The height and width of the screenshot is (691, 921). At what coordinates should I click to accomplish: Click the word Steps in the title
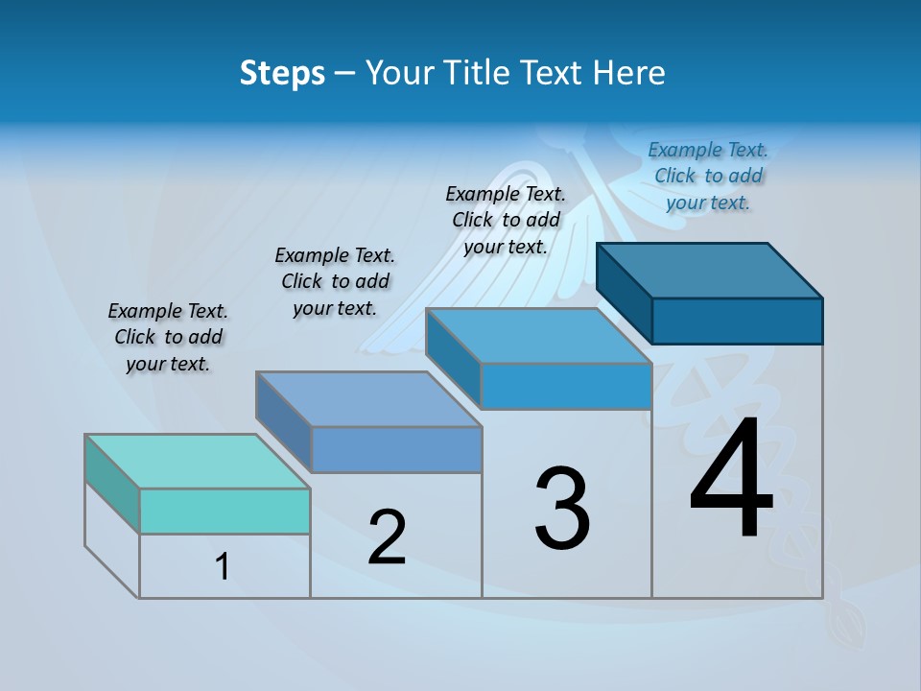[x=282, y=73]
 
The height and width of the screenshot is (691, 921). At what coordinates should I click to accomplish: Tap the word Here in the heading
[x=629, y=73]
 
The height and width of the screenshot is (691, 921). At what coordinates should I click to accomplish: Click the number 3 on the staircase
[x=562, y=509]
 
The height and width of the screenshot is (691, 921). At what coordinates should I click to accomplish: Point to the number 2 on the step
[x=388, y=537]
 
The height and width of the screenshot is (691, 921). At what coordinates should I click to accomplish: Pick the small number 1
[x=223, y=566]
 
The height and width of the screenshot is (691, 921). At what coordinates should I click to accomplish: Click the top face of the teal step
[x=197, y=462]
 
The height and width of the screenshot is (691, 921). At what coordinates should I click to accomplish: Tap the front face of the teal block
[x=224, y=511]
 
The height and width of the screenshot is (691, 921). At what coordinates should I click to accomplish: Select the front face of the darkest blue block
[x=737, y=321]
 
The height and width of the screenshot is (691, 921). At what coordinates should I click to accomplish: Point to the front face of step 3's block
[x=566, y=386]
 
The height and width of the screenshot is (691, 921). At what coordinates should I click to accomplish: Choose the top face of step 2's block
[x=368, y=399]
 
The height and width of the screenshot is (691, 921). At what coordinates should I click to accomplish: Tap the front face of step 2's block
[x=396, y=449]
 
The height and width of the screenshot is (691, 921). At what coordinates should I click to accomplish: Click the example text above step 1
[x=168, y=337]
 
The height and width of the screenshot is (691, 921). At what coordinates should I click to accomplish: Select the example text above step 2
[x=335, y=281]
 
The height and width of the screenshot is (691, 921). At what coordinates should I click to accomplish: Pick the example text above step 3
[x=506, y=220]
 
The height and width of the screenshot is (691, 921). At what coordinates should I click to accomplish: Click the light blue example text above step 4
[x=708, y=176]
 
